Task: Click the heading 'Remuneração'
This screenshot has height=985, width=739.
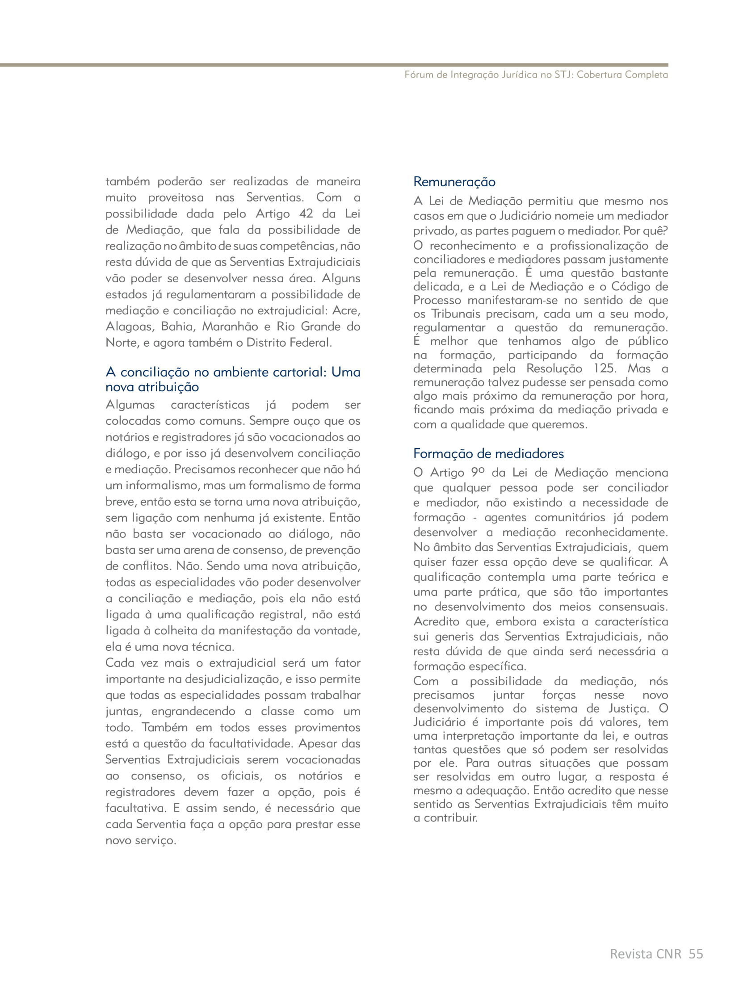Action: pyautogui.click(x=454, y=182)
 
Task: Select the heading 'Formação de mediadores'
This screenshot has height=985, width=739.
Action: pyautogui.click(x=488, y=454)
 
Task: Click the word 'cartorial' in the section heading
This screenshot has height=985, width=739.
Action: pyautogui.click(x=296, y=372)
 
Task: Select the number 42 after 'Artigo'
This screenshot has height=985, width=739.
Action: pyautogui.click(x=306, y=214)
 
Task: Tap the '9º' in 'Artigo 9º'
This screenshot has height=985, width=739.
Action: pyautogui.click(x=478, y=473)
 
